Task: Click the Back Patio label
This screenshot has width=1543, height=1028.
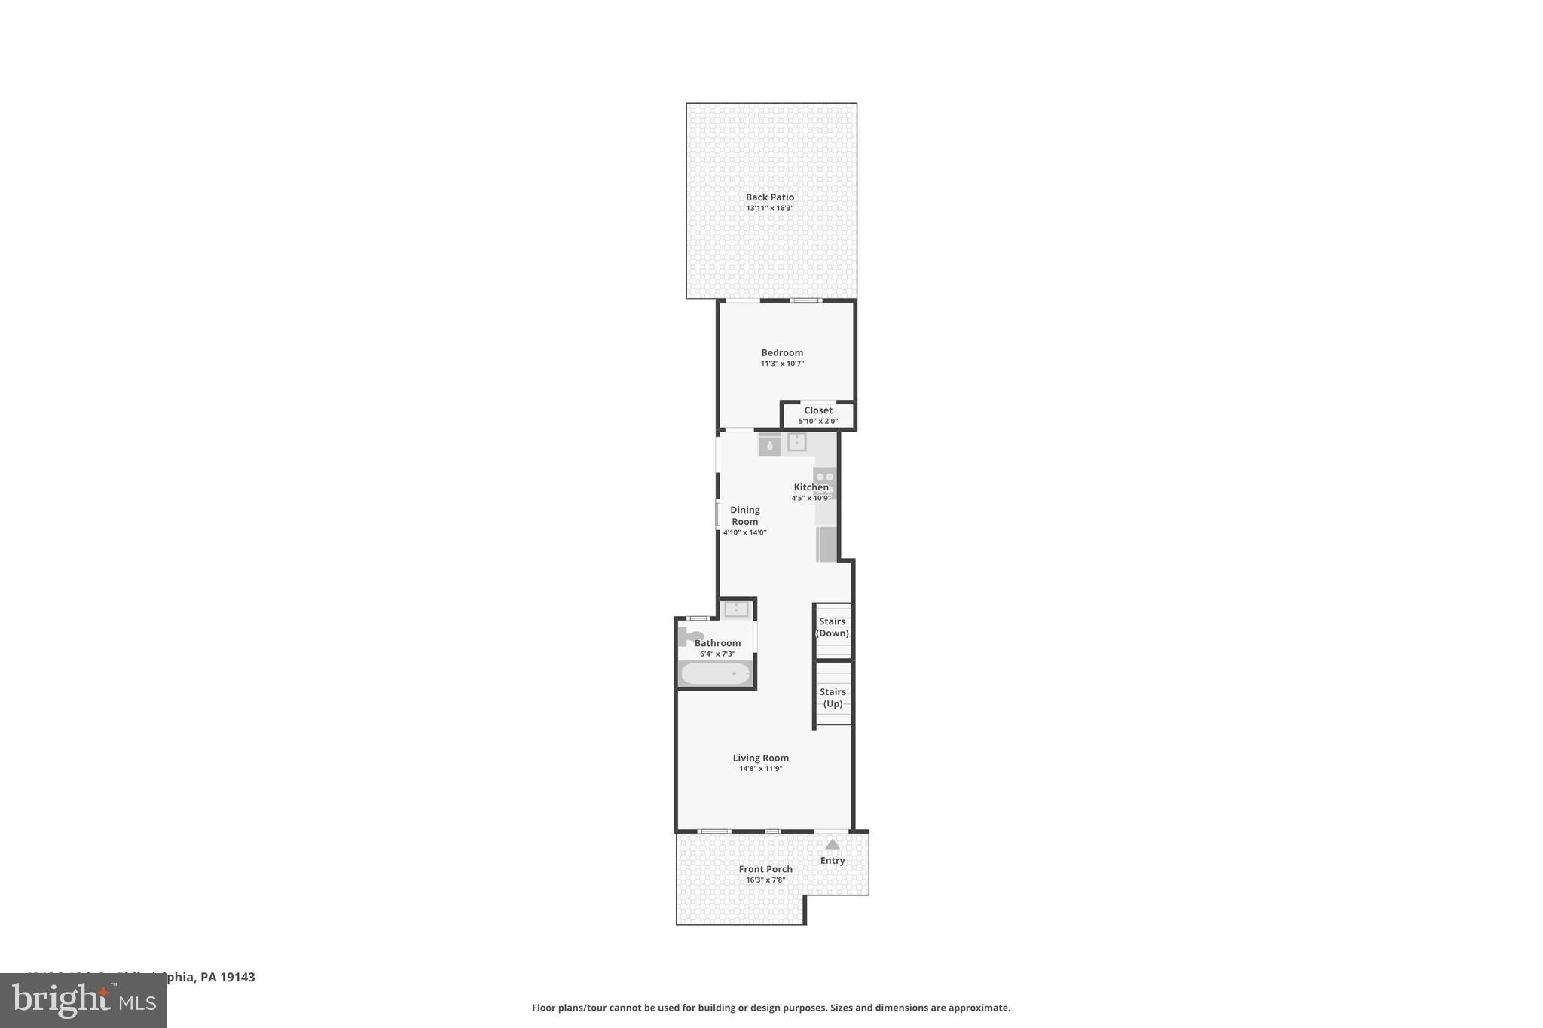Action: [x=769, y=197]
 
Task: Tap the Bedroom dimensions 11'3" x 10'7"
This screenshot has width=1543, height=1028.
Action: [x=782, y=364]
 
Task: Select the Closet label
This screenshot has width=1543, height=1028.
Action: [x=817, y=410]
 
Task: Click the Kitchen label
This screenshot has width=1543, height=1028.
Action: [x=811, y=487]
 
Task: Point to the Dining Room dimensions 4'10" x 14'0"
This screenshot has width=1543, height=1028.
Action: [x=744, y=532]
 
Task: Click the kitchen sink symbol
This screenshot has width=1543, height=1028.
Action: [x=796, y=442]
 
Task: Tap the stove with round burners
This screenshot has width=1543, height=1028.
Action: [x=825, y=477]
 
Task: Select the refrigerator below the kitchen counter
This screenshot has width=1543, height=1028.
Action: [x=826, y=544]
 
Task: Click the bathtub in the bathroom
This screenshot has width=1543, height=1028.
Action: [x=716, y=673]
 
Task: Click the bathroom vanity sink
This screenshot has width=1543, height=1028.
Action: [x=736, y=609]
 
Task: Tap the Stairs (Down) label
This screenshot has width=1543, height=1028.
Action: [x=832, y=627]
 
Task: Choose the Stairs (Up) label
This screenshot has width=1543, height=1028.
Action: [x=833, y=697]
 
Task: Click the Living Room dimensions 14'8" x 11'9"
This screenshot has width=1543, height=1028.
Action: [x=760, y=769]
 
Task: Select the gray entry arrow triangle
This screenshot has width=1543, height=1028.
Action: [x=832, y=844]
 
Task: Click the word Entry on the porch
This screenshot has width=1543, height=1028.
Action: [x=832, y=861]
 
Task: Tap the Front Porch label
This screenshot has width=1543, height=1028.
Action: [x=765, y=869]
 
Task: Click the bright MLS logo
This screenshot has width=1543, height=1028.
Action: [x=83, y=1000]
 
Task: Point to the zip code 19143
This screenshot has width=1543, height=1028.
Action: [x=237, y=977]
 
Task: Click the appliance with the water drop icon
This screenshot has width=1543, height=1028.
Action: [x=769, y=445]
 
